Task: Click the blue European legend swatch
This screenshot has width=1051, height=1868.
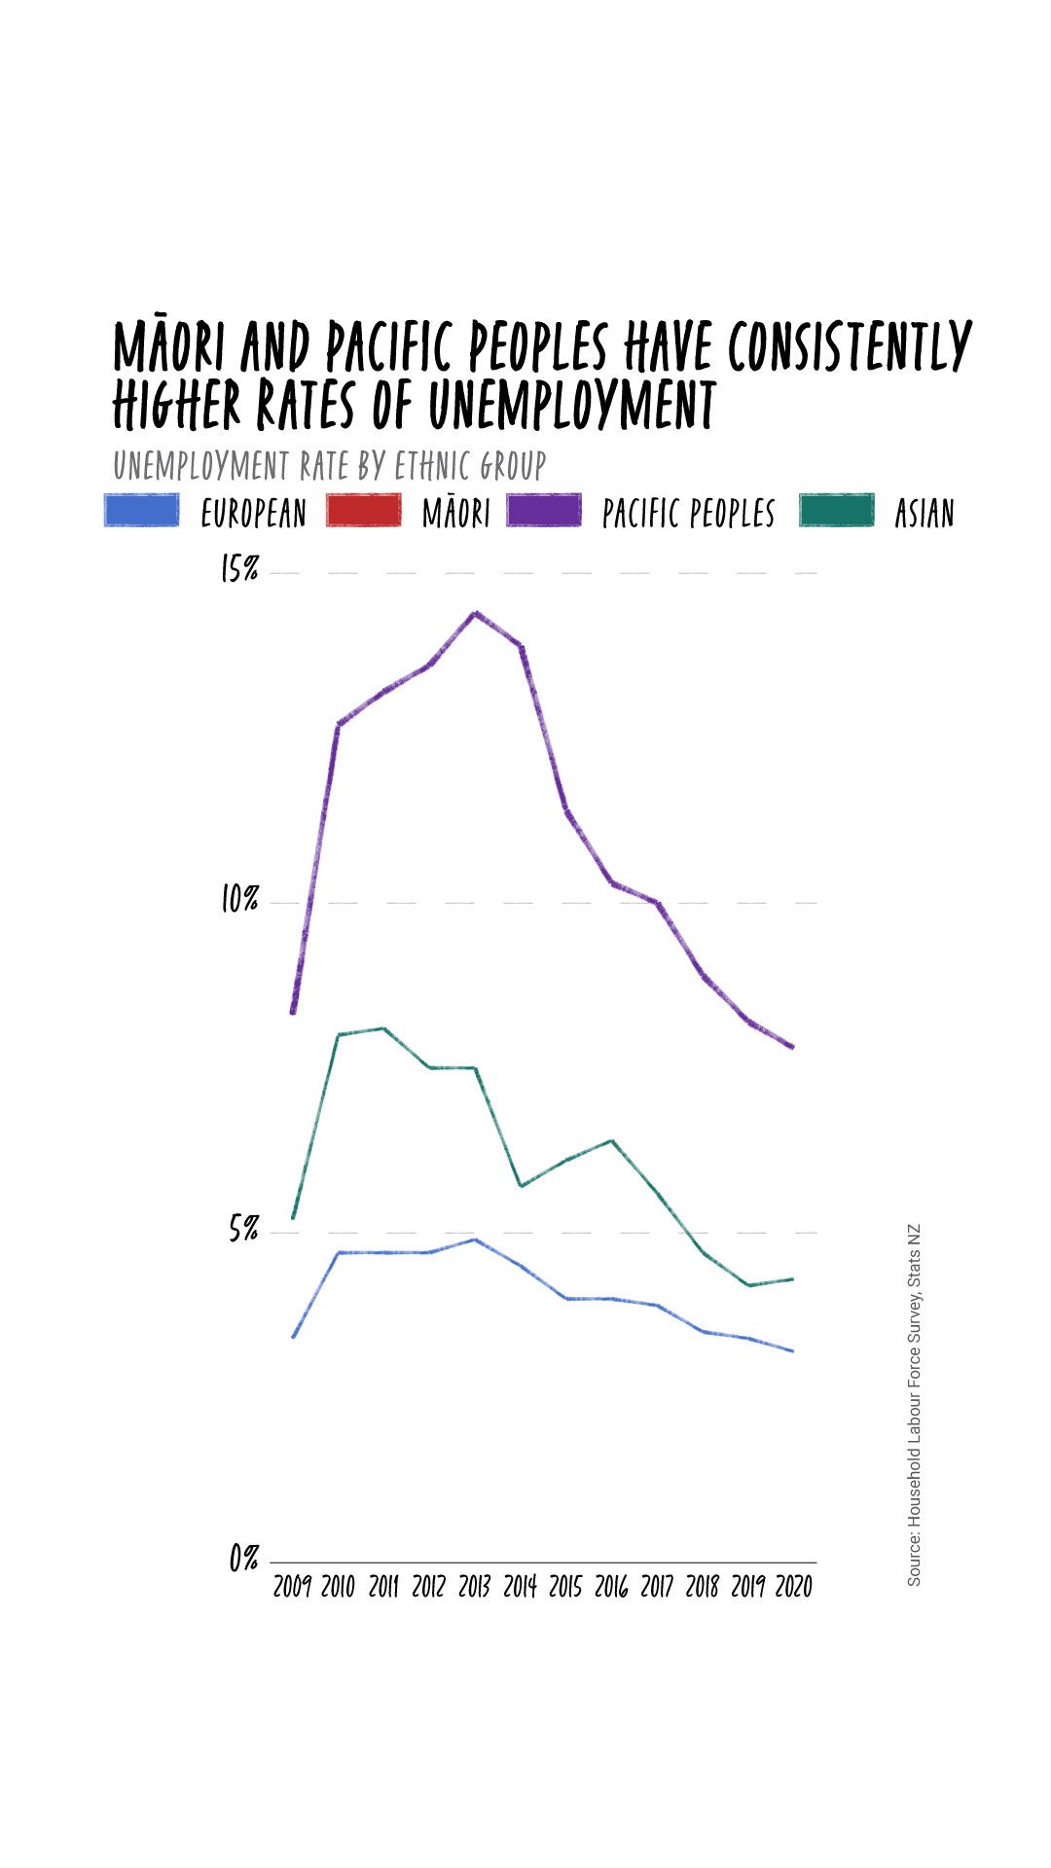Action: click(142, 511)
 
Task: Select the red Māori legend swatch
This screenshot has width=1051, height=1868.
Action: click(363, 511)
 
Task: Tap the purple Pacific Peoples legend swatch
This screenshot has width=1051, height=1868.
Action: click(544, 511)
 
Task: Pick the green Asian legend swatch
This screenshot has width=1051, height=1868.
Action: click(837, 511)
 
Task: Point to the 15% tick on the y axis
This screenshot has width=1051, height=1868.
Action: click(239, 570)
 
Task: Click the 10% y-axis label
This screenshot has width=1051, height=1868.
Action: click(239, 900)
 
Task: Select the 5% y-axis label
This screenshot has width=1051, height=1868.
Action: click(243, 1230)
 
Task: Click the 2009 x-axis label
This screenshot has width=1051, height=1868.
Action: click(292, 1588)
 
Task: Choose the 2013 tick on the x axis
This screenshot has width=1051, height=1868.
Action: click(474, 1588)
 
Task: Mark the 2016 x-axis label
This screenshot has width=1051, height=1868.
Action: click(611, 1588)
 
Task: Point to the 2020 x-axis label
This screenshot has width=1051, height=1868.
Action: click(794, 1588)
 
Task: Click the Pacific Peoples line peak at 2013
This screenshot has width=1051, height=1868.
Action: click(475, 613)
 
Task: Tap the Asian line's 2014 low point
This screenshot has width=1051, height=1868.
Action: click(522, 1186)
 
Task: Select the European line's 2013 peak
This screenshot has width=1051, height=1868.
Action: click(475, 1239)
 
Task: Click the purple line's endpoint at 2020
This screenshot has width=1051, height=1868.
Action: click(793, 1048)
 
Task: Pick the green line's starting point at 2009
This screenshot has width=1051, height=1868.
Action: click(293, 1217)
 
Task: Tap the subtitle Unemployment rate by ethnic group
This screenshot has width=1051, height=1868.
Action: click(329, 466)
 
